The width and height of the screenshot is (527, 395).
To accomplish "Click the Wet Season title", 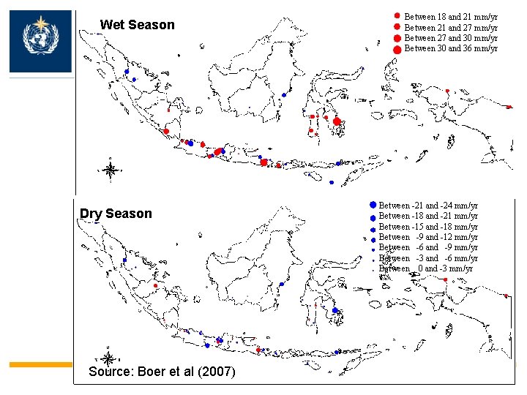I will coord(137,25).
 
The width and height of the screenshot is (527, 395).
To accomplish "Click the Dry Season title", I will coord(116,214).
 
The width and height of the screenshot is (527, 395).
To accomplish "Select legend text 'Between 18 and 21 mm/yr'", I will coord(451,16).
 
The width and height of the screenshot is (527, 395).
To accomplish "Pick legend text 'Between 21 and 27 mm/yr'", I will coord(451,27).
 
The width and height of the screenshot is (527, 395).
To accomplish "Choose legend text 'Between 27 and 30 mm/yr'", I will coord(451,38).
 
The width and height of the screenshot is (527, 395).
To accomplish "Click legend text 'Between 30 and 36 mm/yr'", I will coord(451,49).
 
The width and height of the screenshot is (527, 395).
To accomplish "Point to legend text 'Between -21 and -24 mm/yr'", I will coord(428,206).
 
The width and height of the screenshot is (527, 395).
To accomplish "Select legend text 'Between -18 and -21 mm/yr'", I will coord(428,217).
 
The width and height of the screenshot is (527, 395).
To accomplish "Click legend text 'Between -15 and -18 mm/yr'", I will coord(428,227).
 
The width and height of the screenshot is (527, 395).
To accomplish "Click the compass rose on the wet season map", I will coord(111,170).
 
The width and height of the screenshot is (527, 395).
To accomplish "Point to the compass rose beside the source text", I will coord(108,358).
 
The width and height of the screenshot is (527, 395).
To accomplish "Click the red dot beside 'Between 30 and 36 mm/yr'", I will coord(397,49).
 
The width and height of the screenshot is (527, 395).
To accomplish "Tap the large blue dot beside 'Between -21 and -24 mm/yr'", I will coord(373,205).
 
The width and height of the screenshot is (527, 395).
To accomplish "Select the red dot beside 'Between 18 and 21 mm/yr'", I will coord(396,15).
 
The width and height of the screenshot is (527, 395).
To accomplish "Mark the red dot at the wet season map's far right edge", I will coord(509,107).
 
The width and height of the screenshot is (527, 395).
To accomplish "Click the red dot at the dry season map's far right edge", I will coord(507,296).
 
